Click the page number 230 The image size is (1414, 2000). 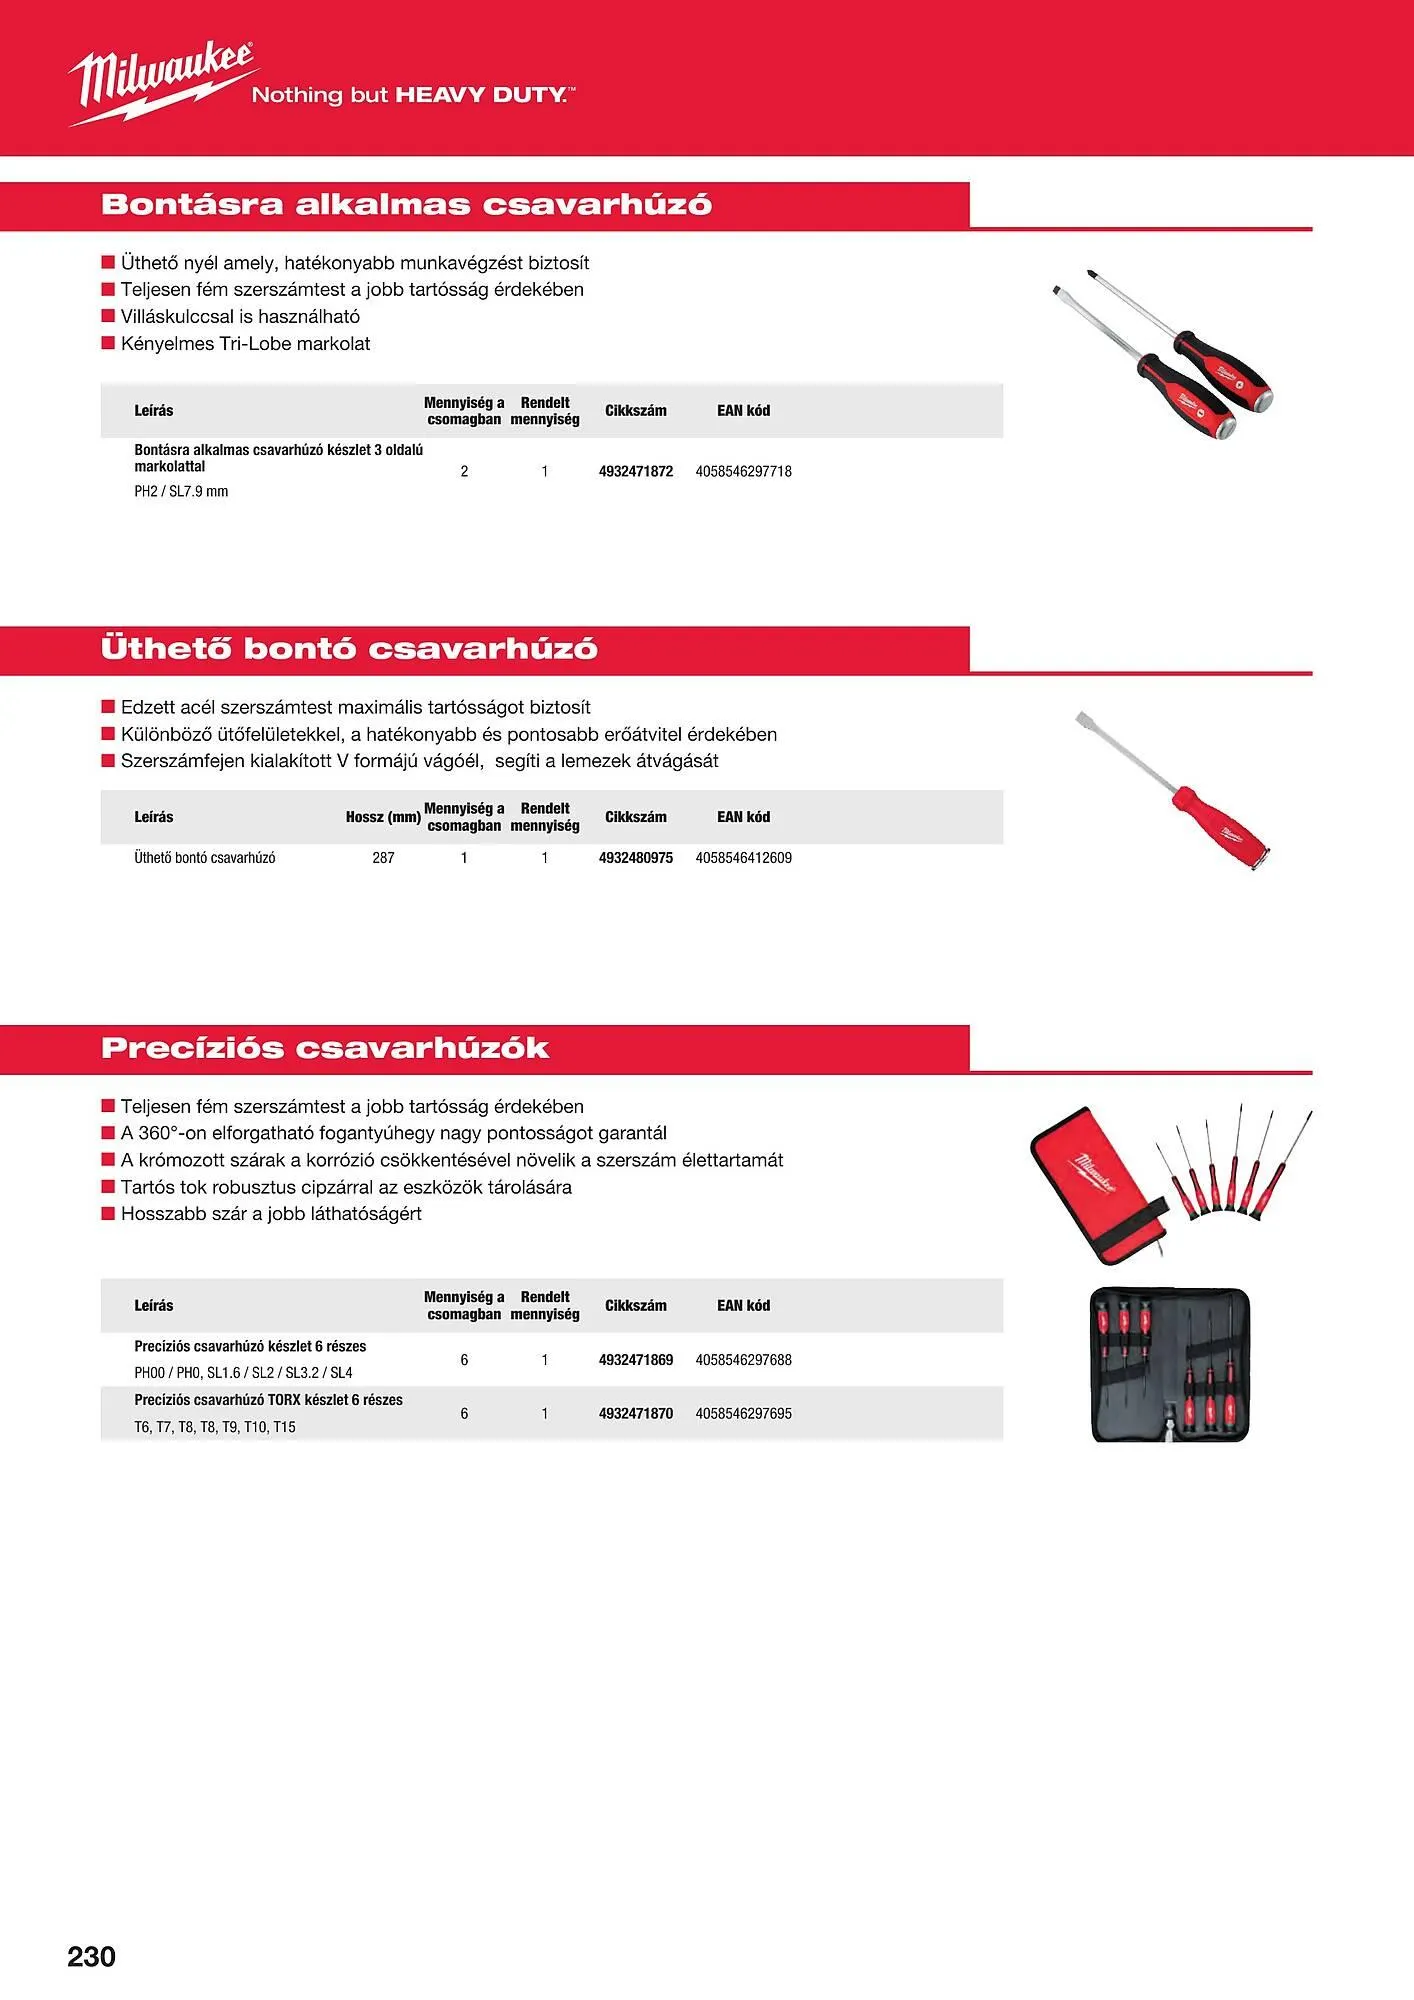point(91,1956)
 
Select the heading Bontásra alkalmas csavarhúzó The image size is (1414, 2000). point(406,204)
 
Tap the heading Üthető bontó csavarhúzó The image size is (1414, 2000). point(349,648)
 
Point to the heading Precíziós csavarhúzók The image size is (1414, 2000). point(325,1048)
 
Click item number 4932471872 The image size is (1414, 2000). point(636,471)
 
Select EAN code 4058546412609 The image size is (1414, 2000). point(743,857)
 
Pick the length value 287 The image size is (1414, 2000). point(383,857)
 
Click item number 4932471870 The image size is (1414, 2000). point(636,1413)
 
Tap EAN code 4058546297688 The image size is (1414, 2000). point(743,1359)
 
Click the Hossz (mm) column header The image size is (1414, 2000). point(383,817)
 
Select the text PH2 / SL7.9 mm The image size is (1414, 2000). point(181,491)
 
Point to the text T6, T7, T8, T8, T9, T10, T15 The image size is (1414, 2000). point(215,1427)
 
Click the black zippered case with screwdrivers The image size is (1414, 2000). point(1169,1364)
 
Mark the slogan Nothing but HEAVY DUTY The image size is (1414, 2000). point(413,95)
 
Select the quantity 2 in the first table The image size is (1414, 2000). point(464,471)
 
